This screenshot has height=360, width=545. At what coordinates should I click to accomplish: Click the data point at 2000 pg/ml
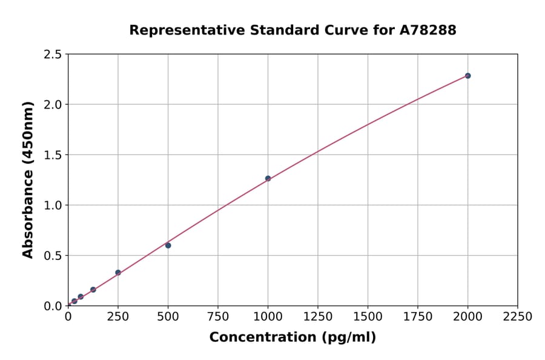click(467, 76)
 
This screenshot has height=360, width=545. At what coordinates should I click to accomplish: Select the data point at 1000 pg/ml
click(268, 178)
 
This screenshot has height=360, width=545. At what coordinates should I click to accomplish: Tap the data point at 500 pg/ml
click(168, 245)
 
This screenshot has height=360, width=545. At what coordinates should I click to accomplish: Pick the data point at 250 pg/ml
click(118, 273)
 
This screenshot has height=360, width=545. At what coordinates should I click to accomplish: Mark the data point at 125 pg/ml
click(93, 290)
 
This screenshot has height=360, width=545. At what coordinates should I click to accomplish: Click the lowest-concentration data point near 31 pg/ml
click(74, 301)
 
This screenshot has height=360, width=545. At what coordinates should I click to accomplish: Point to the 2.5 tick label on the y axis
click(53, 55)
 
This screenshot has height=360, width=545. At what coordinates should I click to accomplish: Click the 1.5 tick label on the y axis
click(53, 155)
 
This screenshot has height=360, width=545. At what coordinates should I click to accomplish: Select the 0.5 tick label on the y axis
click(53, 256)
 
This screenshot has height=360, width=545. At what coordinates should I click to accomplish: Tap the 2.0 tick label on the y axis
click(53, 105)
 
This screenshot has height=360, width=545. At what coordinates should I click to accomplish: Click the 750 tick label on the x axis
click(218, 317)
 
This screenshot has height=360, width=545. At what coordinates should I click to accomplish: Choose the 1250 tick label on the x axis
click(318, 317)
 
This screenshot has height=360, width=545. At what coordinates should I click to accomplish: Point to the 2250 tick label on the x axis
click(518, 317)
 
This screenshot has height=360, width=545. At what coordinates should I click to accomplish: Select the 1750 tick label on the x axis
click(418, 317)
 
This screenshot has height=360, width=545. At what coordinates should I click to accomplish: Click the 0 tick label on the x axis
click(68, 317)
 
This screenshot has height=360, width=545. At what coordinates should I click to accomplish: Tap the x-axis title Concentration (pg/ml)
click(292, 338)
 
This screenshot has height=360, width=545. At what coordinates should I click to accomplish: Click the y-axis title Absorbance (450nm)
click(28, 179)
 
